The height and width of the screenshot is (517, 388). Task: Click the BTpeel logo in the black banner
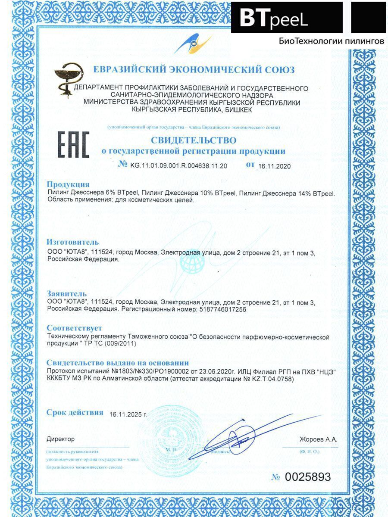(x=273, y=18)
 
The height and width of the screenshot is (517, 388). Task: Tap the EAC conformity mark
(x=73, y=145)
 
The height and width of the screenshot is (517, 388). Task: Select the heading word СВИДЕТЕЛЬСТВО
(x=194, y=140)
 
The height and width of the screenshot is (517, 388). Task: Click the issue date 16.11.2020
(x=274, y=166)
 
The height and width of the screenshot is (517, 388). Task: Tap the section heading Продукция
(x=68, y=184)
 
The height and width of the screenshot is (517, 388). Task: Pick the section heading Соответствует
(x=74, y=328)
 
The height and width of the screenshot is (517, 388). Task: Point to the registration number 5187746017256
(x=222, y=309)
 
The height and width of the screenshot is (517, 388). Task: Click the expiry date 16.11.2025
(x=128, y=414)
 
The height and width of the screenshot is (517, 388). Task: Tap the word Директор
(x=60, y=439)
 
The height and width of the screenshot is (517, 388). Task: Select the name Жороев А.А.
(x=318, y=439)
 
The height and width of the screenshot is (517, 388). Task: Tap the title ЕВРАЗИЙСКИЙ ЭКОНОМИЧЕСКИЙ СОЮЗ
(x=194, y=69)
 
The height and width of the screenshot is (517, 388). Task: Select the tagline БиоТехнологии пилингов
(x=331, y=41)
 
